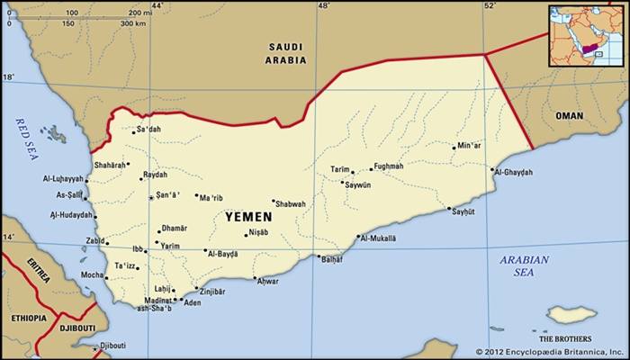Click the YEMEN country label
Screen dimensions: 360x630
pos(249,217)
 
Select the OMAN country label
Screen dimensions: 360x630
pos(569,116)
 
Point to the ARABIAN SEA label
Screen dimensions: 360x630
pos(524,265)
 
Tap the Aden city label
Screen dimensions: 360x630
pos(192,303)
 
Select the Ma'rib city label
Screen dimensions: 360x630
pos(211,198)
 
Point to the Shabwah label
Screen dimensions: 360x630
pos(290,204)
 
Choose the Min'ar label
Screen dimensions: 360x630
pos(469,146)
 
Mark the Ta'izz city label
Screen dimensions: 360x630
pos(125,265)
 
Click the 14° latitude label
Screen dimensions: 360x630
pos(8,237)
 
